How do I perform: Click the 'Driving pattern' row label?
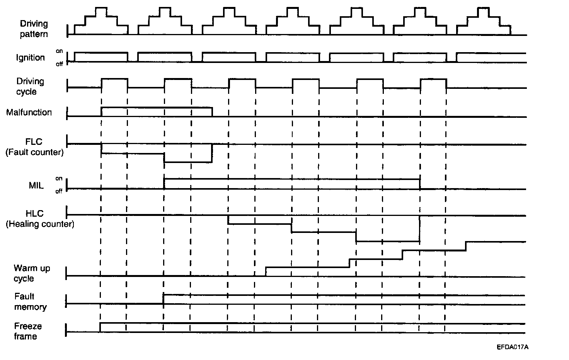[x=34, y=29]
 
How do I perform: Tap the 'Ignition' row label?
[x=31, y=58]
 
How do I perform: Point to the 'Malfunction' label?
[x=29, y=112]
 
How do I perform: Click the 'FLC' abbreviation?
[x=34, y=142]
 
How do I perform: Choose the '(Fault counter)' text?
[x=34, y=152]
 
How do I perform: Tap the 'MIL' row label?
[x=36, y=185]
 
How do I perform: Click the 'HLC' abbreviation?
[x=34, y=213]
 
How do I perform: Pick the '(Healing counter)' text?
[x=40, y=224]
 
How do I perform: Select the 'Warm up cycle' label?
[x=32, y=273]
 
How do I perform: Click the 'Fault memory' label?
[x=30, y=302]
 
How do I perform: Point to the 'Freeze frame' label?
[x=28, y=331]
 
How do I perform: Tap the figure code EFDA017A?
[x=513, y=347]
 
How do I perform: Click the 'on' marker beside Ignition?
[x=59, y=51]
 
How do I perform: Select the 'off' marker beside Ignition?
[x=59, y=64]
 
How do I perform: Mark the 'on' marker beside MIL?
[x=59, y=178]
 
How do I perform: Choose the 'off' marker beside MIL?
[x=59, y=191]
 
